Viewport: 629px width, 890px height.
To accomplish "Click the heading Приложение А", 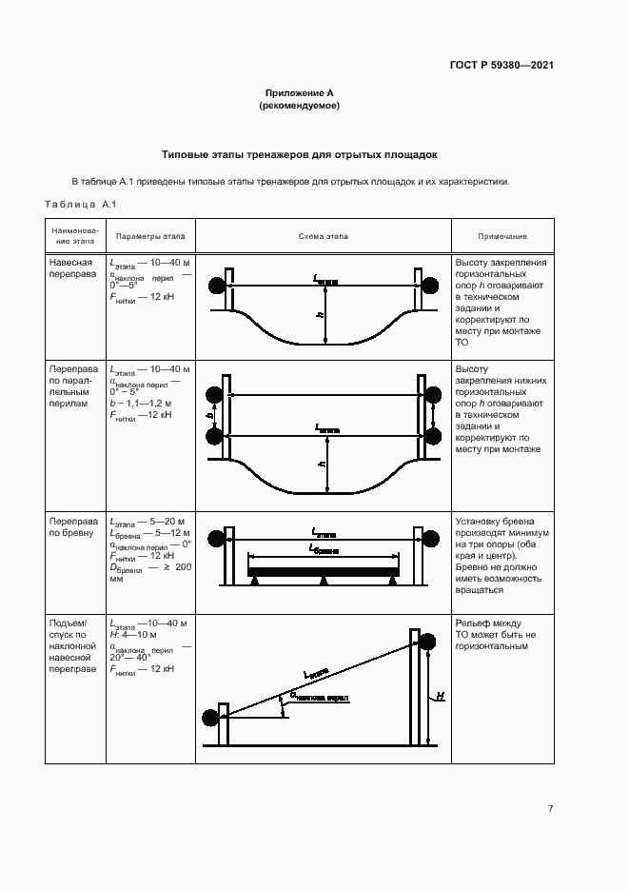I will (x=300, y=93).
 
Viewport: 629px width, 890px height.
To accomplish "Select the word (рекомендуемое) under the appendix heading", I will (x=300, y=106).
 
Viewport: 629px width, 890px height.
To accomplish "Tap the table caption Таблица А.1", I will (x=80, y=204).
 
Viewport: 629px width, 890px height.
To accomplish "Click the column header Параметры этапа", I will (x=150, y=236).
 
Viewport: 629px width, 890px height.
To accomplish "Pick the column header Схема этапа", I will (x=324, y=236).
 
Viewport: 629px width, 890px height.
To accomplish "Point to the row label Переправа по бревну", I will (x=72, y=528).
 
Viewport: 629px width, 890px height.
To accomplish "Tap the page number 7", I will (x=551, y=808).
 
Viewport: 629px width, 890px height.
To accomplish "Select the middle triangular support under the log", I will (x=324, y=580).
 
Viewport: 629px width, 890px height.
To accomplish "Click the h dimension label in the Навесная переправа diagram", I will (x=321, y=314).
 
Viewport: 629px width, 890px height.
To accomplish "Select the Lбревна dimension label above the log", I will (x=324, y=550).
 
